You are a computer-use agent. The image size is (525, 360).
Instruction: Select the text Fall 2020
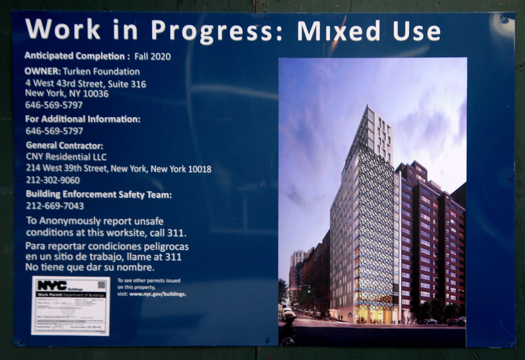point(153,56)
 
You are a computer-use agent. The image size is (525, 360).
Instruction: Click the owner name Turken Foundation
point(101,71)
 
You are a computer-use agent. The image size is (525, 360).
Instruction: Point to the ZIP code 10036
point(95,94)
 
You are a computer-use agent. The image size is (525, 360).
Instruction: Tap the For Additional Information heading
point(83,119)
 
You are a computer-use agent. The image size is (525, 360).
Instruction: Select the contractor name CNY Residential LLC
point(66,157)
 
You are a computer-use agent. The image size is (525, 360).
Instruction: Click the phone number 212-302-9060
point(53,180)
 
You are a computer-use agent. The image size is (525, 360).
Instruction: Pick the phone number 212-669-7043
point(55,206)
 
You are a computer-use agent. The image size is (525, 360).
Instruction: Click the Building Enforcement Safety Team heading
point(99,194)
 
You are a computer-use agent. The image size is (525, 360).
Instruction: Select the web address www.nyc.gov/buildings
point(157,294)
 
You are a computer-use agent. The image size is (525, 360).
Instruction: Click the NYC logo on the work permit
point(52,285)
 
